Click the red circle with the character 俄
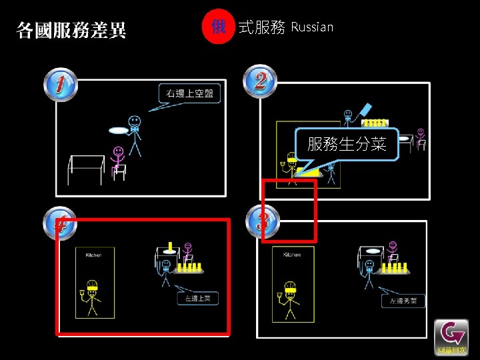point(218,27)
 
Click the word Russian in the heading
point(312,27)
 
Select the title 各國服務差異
point(71,30)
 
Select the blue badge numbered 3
point(262,221)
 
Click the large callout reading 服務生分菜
point(347,144)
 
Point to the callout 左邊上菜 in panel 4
point(197,299)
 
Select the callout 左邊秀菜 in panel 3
point(404,301)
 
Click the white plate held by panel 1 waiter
point(118,131)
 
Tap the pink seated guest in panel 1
point(118,160)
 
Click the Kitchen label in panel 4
point(93,255)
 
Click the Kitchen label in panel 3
point(291,254)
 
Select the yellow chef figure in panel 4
point(91,297)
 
